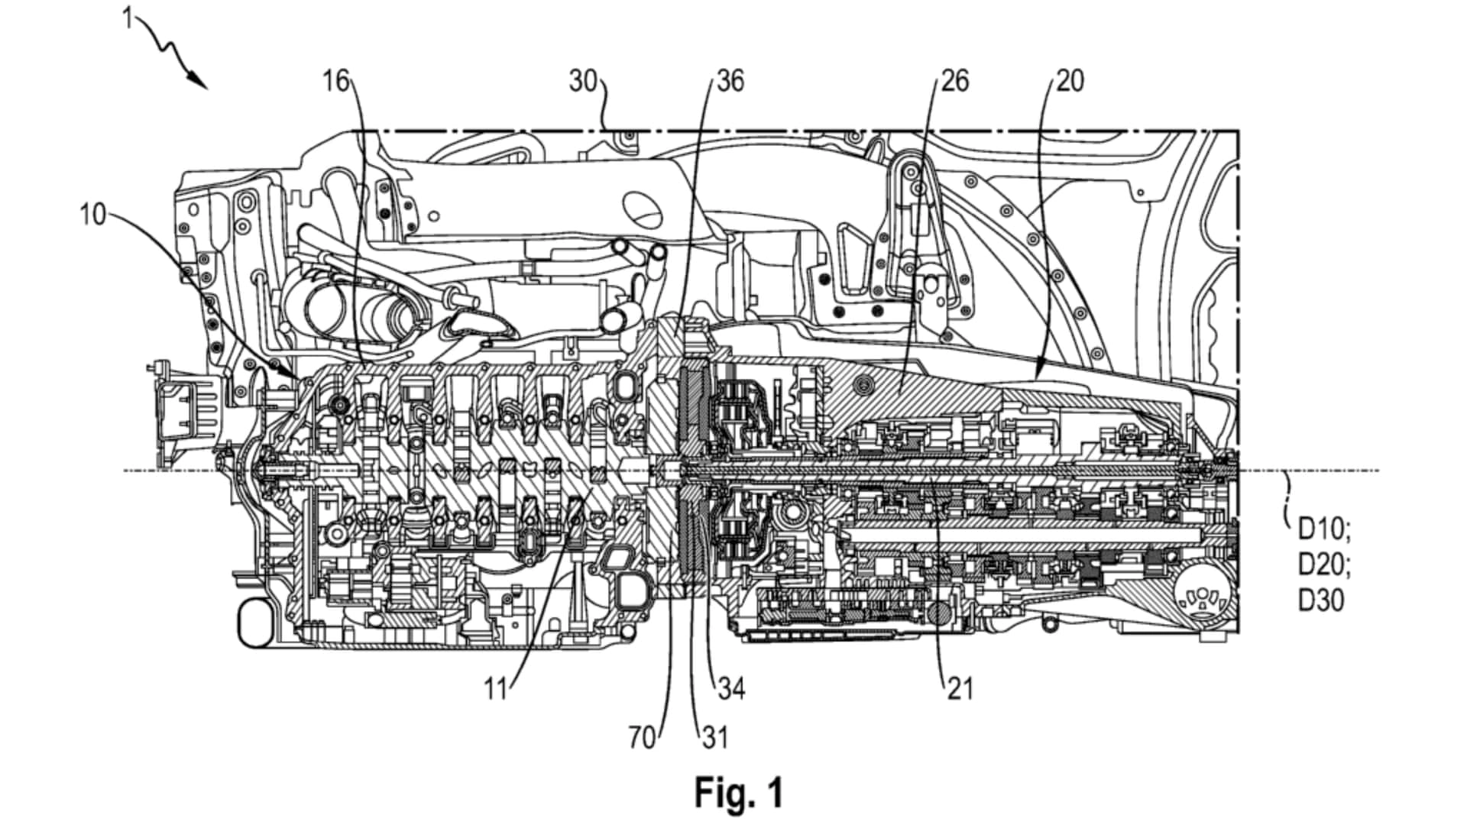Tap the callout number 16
tap(335, 80)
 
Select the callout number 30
tap(583, 80)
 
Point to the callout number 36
tap(730, 80)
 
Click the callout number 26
tap(954, 80)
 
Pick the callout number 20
tap(1070, 80)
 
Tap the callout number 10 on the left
tap(93, 215)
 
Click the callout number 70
tap(643, 738)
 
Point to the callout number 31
tap(714, 738)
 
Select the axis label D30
tap(1321, 601)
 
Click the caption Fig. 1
tap(738, 793)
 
